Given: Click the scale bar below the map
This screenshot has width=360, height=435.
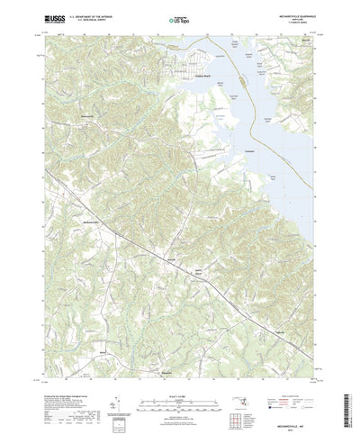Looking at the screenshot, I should [180, 376].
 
